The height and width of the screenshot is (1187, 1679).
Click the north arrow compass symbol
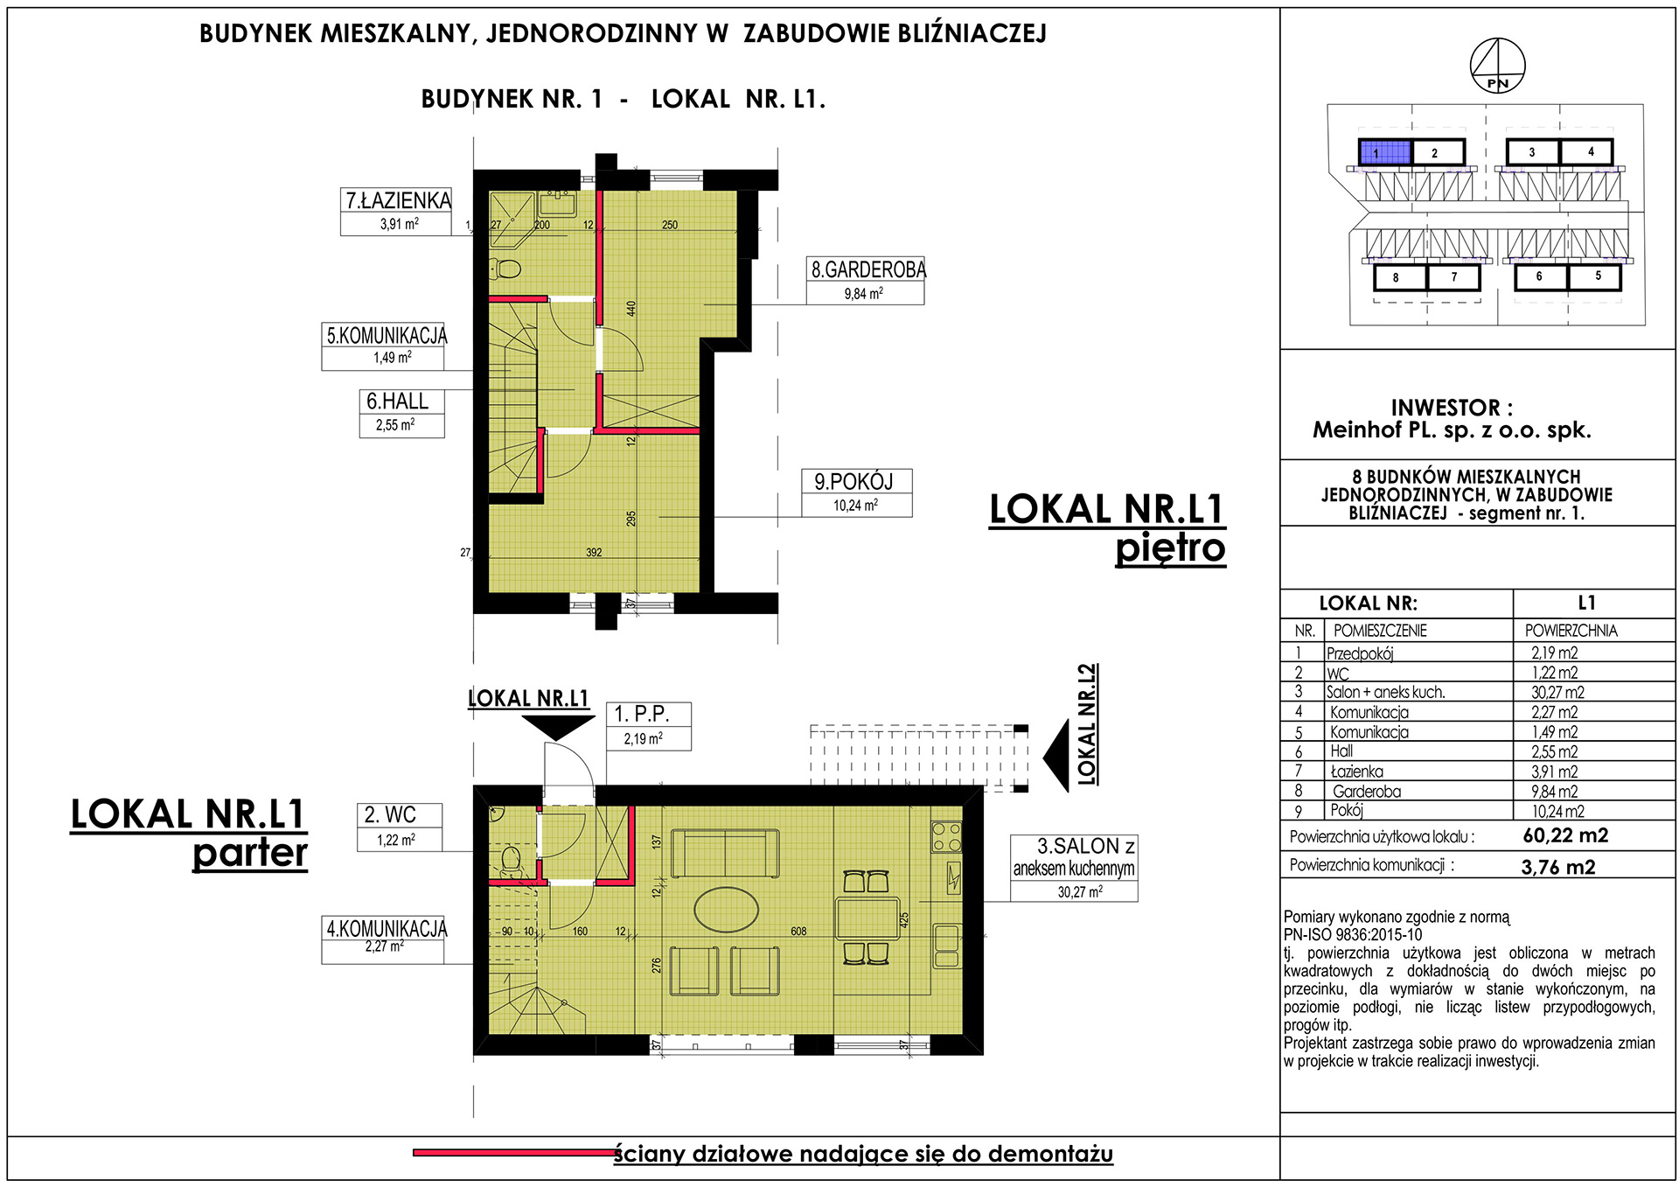(1497, 66)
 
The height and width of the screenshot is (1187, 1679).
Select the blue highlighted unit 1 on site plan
(1384, 152)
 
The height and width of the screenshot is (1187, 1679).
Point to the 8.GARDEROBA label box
(865, 281)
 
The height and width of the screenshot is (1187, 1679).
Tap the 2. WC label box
(399, 827)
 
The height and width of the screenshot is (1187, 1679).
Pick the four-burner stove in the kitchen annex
(946, 837)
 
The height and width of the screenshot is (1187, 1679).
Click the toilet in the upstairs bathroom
(505, 269)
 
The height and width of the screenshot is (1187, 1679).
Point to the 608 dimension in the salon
(798, 932)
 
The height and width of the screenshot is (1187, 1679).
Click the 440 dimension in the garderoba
(631, 309)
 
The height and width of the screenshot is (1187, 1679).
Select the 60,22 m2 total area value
(1565, 835)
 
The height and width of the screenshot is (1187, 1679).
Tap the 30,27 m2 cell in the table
(1557, 692)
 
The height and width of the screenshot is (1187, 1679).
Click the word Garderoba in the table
(1367, 792)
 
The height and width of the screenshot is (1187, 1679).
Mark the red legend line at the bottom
(514, 1153)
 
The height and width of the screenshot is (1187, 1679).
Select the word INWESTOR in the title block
(1446, 408)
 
